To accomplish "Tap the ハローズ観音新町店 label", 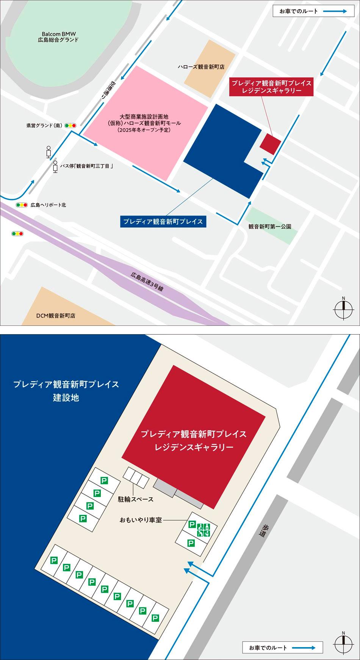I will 201,67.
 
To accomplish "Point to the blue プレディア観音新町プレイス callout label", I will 163,222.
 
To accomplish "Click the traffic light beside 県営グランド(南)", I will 70,125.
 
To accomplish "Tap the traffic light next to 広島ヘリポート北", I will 22,205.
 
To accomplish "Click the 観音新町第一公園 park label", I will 270,227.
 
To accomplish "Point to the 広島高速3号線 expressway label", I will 147,282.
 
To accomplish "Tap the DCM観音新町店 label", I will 56,315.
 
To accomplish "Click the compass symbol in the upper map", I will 343,310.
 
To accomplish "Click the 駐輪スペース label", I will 136,499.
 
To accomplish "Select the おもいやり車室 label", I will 141,520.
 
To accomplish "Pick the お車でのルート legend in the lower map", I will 282,648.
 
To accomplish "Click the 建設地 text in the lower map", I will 66,398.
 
